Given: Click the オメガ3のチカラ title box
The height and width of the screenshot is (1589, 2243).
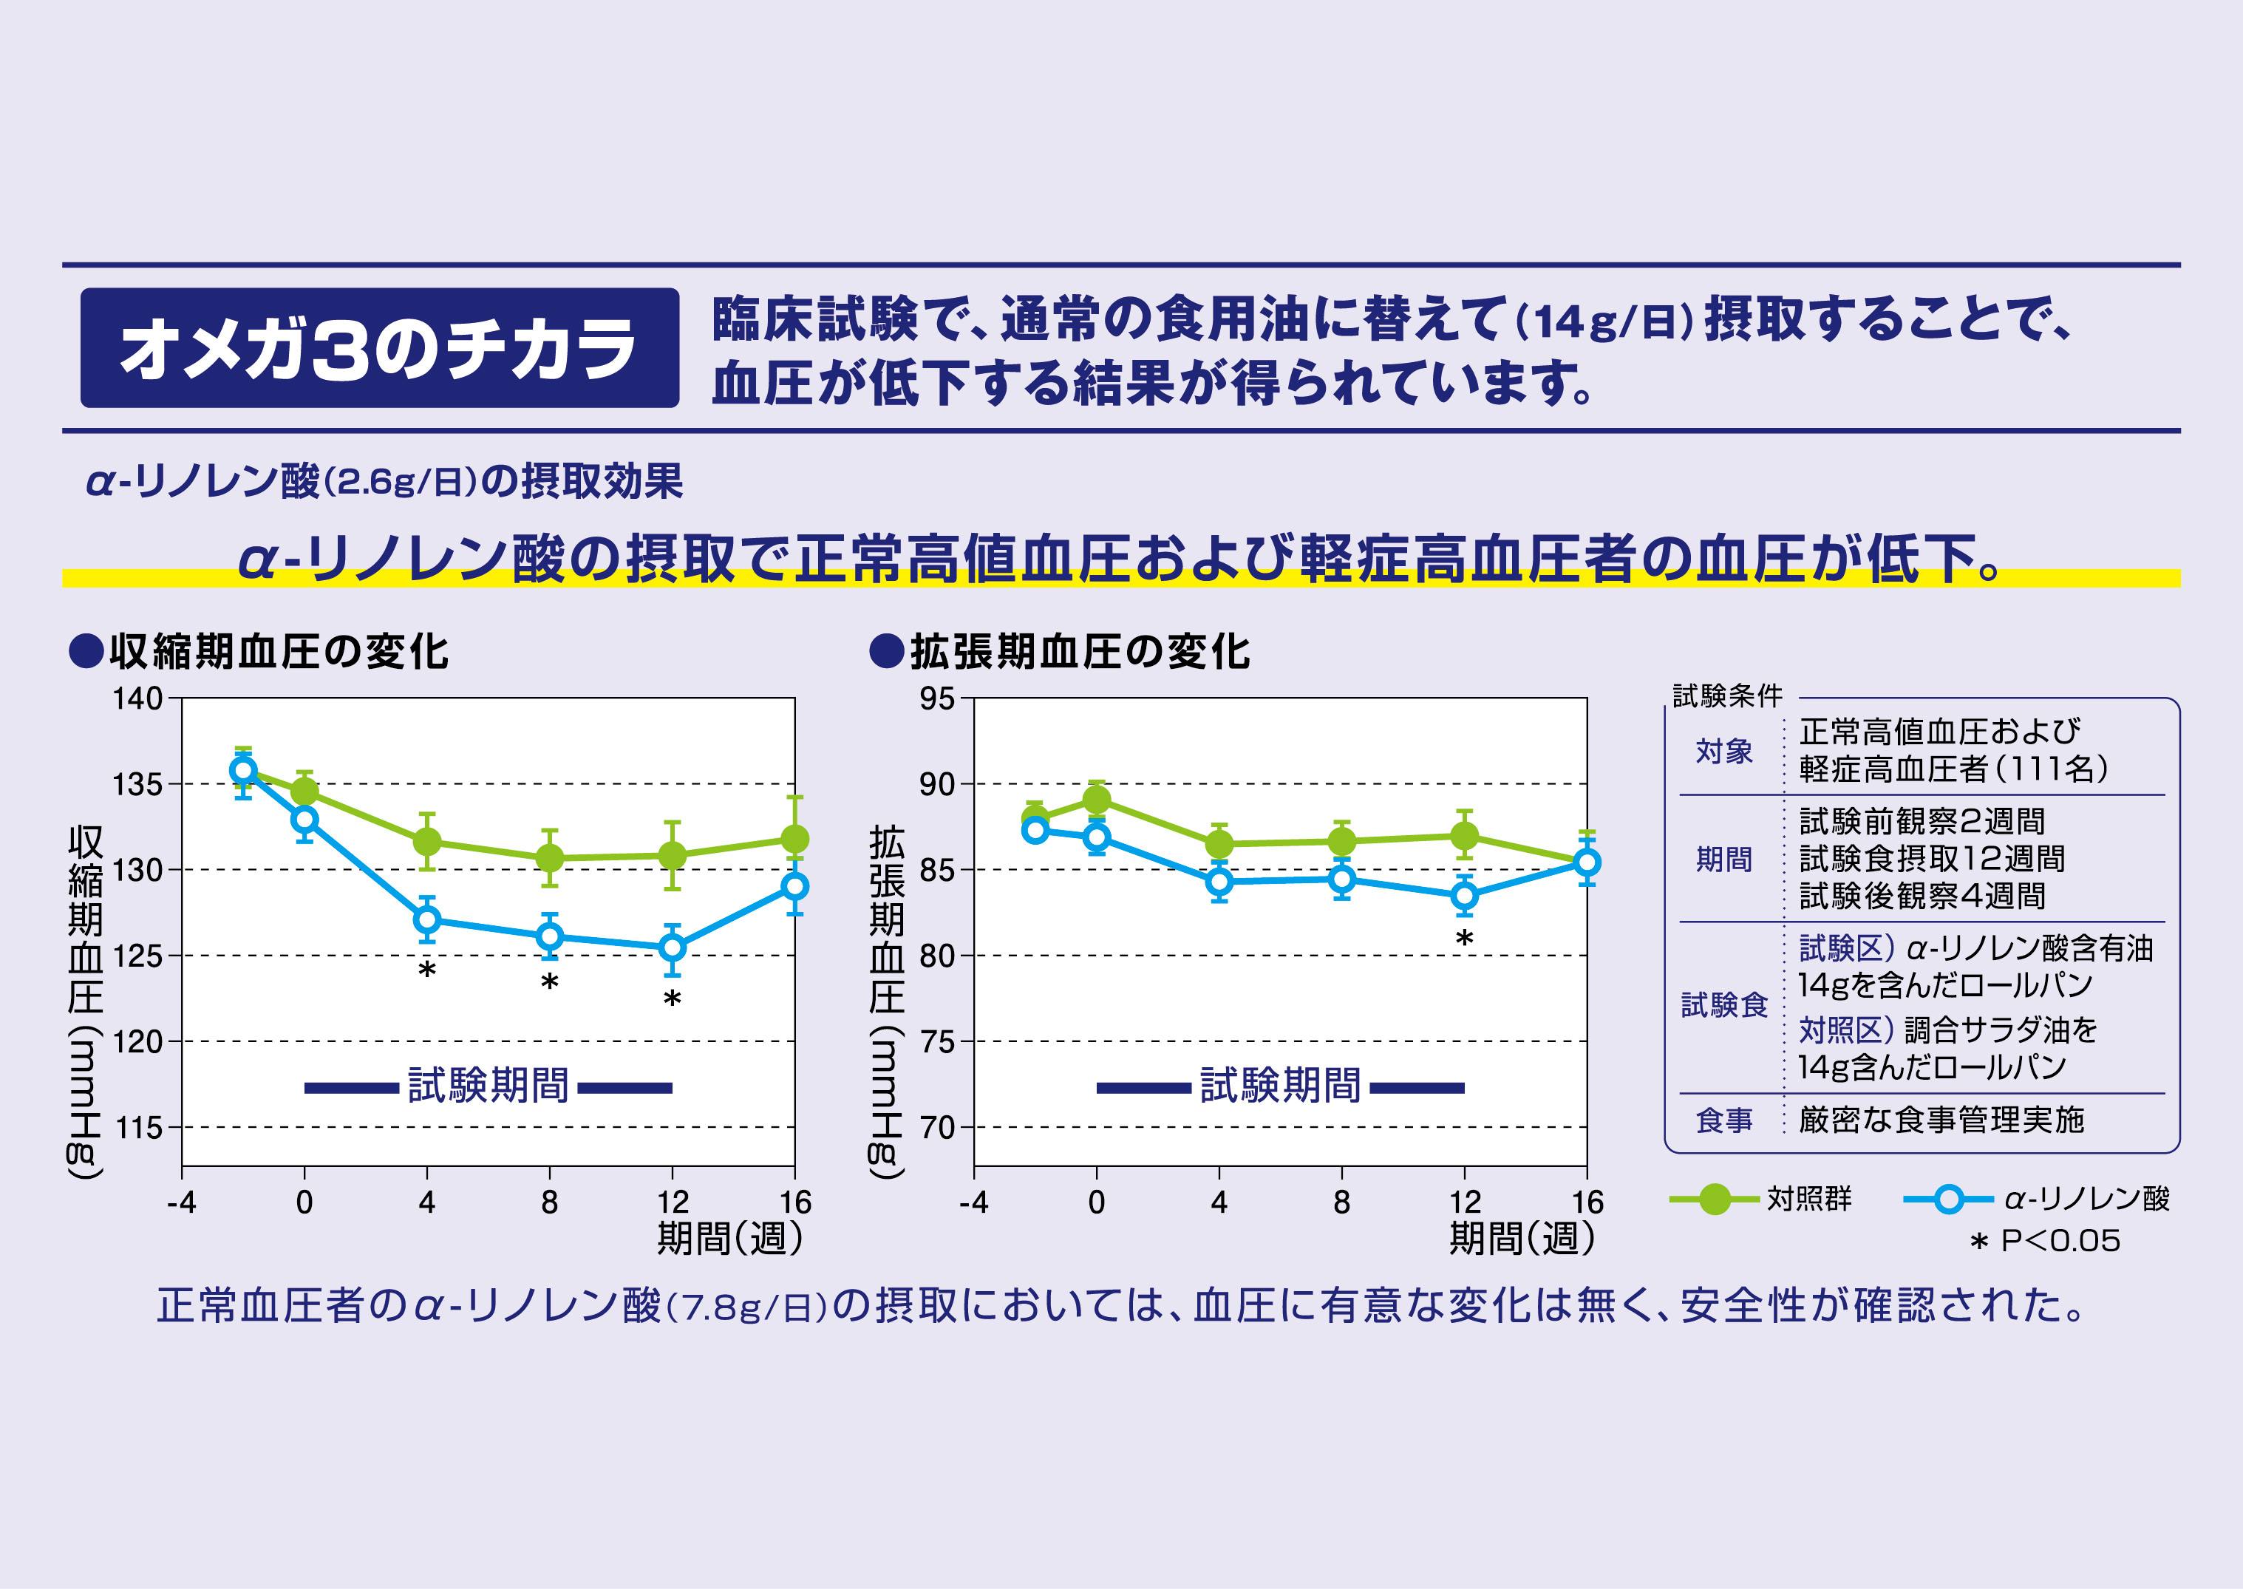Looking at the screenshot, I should click(380, 348).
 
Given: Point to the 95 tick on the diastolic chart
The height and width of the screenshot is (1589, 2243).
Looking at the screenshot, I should click(936, 698).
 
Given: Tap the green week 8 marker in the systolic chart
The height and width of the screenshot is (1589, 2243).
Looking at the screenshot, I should click(550, 858).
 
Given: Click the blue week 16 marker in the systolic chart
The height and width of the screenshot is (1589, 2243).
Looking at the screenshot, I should click(794, 886).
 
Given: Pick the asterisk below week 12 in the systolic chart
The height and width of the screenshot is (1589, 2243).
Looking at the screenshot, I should click(672, 999).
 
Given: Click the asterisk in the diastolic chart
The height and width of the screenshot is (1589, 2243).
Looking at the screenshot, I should click(1464, 939).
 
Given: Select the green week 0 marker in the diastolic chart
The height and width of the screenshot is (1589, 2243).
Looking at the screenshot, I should click(1097, 800).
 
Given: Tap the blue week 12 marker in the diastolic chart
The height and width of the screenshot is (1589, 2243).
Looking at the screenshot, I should click(1464, 895).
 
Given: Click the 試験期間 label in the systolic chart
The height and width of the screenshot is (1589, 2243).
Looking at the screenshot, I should click(488, 1086).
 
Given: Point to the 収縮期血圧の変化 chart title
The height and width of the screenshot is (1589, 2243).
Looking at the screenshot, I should click(278, 652).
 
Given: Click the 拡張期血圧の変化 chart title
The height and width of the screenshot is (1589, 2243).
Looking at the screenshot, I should click(1079, 652).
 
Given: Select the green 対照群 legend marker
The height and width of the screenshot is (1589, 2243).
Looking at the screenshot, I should click(1714, 1199).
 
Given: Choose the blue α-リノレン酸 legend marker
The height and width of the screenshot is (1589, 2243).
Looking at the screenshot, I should click(1949, 1199).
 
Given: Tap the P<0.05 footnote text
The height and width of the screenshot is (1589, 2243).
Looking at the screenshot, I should click(2059, 1241).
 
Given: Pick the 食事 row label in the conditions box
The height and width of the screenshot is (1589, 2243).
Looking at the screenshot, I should click(1723, 1120).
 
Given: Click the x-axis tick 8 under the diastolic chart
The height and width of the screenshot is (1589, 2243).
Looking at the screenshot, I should click(1341, 1202).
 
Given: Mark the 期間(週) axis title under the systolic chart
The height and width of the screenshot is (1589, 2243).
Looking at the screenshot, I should click(729, 1239).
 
